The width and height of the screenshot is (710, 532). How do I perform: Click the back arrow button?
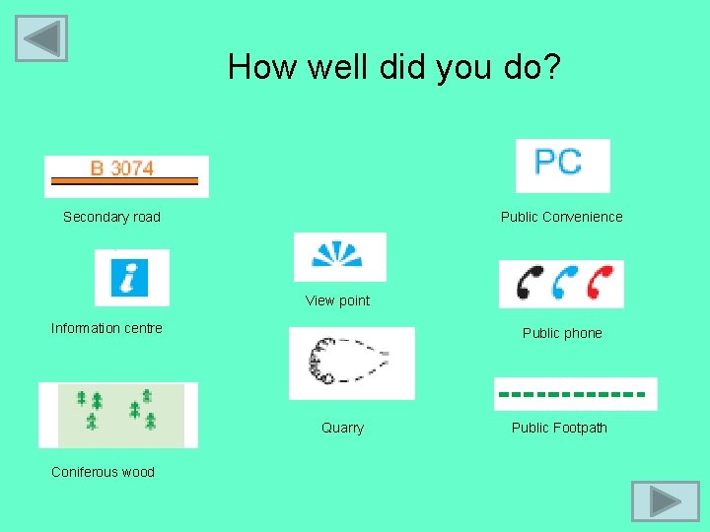[41, 38]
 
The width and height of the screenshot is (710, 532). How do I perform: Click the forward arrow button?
[665, 500]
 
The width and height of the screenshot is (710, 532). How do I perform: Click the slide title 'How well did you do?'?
[394, 67]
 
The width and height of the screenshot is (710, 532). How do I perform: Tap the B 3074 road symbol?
[126, 175]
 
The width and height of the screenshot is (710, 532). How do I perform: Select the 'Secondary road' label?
[111, 217]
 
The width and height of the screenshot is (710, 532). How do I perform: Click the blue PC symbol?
[562, 165]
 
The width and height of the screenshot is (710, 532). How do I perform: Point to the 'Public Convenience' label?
[561, 217]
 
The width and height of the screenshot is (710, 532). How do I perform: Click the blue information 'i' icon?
[131, 277]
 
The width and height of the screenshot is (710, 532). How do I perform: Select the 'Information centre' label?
[106, 328]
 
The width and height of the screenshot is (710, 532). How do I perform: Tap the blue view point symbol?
[338, 256]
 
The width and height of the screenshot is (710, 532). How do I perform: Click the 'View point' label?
[337, 300]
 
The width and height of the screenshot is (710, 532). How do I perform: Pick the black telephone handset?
[530, 284]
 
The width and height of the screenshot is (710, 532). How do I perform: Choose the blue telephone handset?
[564, 284]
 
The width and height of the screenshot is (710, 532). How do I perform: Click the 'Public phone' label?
[562, 333]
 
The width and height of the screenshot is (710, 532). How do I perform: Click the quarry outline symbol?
[350, 363]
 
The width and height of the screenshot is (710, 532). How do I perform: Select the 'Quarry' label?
[342, 428]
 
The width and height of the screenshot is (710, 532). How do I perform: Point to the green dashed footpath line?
[575, 394]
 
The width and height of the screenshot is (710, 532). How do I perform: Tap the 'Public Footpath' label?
[559, 428]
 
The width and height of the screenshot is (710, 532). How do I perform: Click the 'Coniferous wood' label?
[103, 472]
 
